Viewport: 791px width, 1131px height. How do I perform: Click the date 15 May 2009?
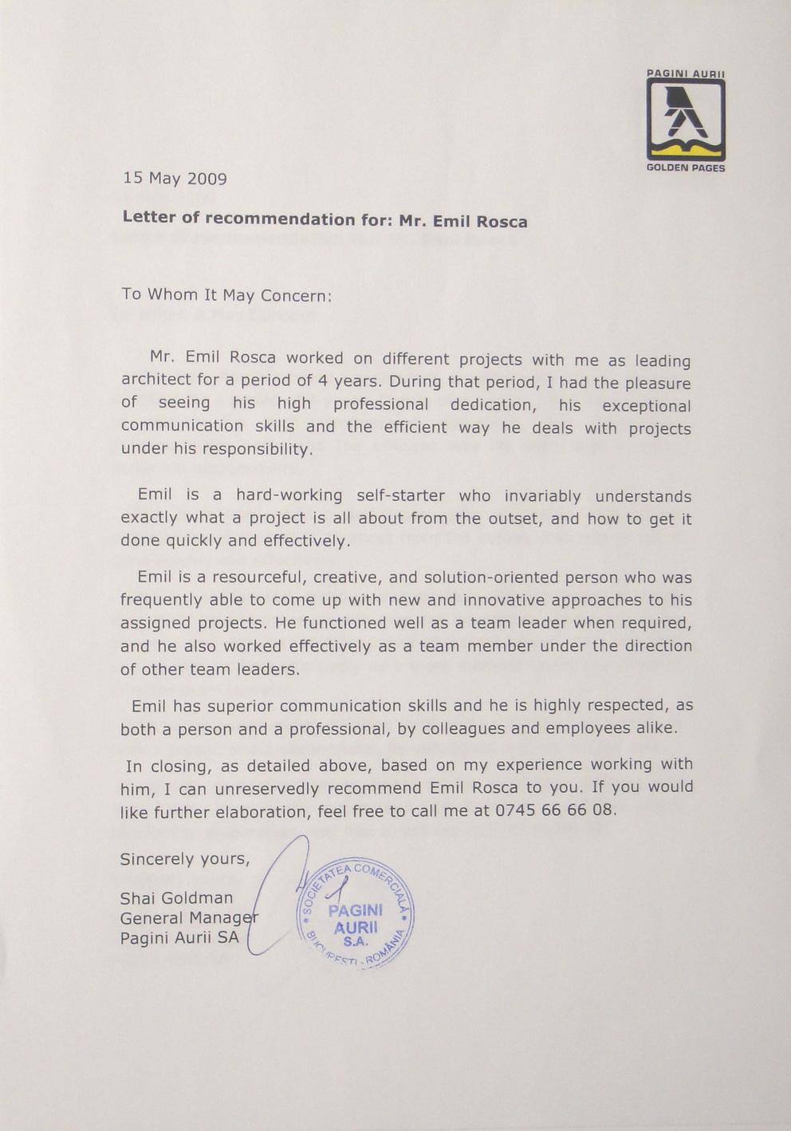tap(175, 178)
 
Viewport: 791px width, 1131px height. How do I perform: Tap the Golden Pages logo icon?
tap(685, 120)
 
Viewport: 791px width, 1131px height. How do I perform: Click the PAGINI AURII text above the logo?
tap(685, 73)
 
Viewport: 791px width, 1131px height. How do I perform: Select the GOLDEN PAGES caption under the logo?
tap(686, 168)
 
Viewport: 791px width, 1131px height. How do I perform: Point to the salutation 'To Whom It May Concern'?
tap(225, 294)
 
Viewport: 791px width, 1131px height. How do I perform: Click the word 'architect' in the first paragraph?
tap(156, 379)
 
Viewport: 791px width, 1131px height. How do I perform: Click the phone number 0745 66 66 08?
tap(556, 810)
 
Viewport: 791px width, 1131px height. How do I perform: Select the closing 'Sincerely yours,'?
tap(185, 859)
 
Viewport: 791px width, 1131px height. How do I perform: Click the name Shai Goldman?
tap(176, 898)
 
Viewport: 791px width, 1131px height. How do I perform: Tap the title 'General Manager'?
tap(188, 918)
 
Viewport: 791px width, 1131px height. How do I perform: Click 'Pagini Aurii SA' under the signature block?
tap(179, 938)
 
